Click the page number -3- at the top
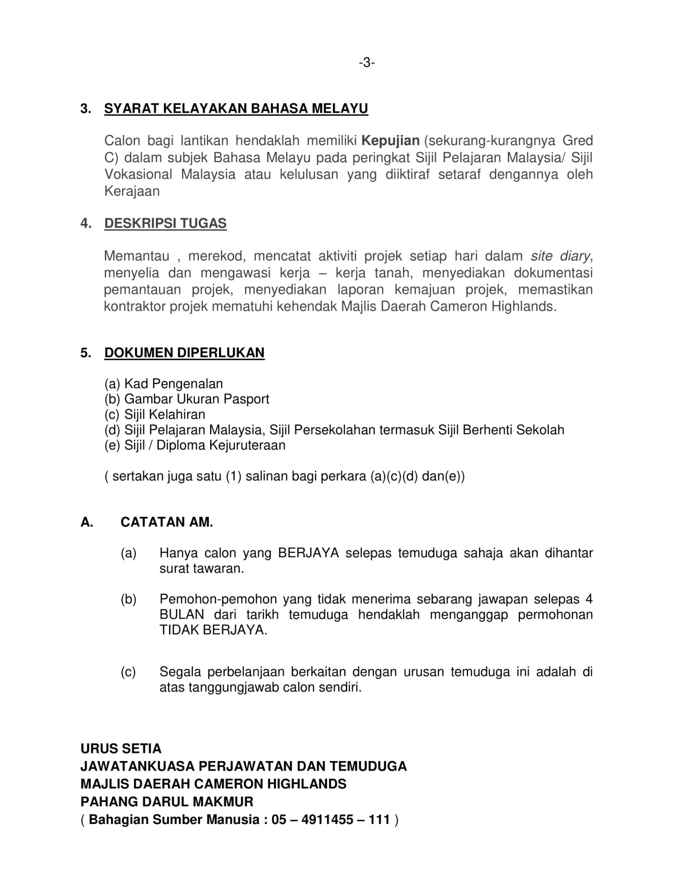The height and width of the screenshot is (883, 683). coord(366,63)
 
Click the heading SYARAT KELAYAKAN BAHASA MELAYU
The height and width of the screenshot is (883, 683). coord(236,108)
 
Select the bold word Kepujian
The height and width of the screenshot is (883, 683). coord(390,141)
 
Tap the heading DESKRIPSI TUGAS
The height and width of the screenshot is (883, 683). coord(165,223)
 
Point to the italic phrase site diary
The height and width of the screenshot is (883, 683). coord(560,256)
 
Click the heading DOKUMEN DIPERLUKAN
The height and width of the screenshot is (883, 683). coord(184,353)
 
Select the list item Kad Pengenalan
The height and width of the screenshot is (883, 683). coord(173,384)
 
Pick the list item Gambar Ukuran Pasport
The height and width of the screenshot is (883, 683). coord(196,399)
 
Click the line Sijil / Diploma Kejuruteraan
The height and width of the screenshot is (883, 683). coord(205,445)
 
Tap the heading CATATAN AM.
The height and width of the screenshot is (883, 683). coord(167,522)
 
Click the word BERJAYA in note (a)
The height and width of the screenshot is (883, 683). coord(308,553)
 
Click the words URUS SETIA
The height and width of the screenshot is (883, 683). coord(121,748)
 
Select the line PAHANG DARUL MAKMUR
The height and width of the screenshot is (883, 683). coord(167,802)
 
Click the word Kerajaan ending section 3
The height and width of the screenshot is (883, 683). coord(132,191)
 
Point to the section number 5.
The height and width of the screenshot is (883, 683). coord(85,353)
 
